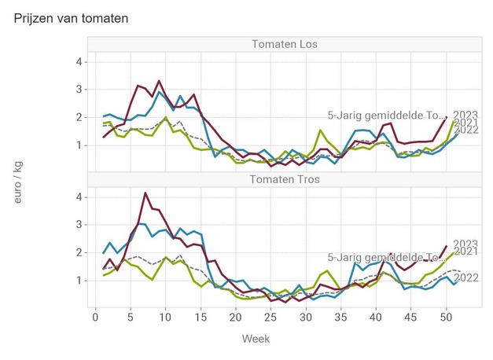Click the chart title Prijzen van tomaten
(71, 17)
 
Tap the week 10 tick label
(165, 316)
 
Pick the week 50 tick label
(446, 316)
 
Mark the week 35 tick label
(340, 316)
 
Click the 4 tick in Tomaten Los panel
(78, 61)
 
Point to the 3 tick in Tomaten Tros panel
(78, 225)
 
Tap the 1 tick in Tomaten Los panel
(78, 145)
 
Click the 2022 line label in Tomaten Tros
(466, 277)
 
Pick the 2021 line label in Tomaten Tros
(466, 251)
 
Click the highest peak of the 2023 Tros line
(145, 193)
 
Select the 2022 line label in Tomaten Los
(466, 130)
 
